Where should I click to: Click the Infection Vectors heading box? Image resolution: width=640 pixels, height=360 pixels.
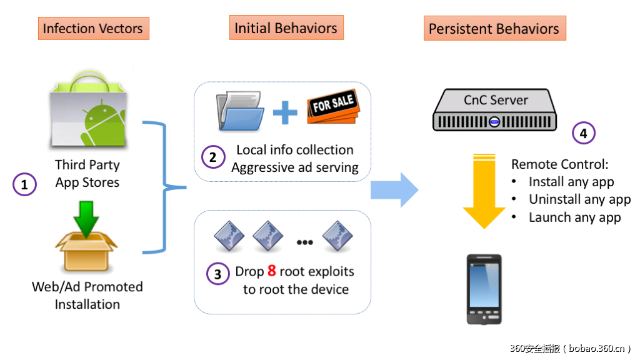92,29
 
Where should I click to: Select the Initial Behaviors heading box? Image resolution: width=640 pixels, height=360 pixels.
286,28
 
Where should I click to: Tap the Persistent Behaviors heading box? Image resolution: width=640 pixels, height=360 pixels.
494,29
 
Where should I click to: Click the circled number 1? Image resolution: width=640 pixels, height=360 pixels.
24,184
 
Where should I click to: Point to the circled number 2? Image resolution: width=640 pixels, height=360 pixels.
212,157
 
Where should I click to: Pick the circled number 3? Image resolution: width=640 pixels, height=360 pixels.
217,274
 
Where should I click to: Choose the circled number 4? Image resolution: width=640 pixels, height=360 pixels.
584,132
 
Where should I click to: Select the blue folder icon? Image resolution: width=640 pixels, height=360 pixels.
241,112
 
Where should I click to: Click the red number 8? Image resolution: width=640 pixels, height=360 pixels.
271,271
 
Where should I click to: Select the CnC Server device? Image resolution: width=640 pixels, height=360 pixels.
494,109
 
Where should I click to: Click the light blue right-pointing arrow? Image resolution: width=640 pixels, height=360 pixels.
394,189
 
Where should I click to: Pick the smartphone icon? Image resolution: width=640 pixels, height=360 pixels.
484,289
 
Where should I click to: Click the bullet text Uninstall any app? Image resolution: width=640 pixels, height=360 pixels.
579,199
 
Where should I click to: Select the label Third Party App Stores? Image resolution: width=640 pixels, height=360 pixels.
87,174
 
